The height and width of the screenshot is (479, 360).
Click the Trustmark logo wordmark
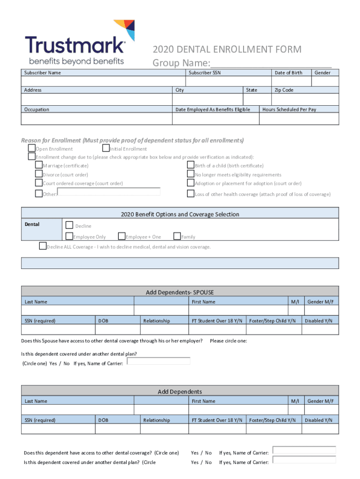tap(75, 46)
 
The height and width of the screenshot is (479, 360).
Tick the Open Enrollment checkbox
tap(32, 149)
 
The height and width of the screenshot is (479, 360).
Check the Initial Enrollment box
tap(106, 149)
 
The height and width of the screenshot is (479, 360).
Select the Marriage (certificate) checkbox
tap(39, 165)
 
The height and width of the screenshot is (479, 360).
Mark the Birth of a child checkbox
tap(191, 165)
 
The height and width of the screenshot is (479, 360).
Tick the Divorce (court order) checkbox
tap(39, 174)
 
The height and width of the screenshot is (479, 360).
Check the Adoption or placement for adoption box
tap(191, 183)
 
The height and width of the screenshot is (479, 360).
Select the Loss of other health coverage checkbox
tap(191, 194)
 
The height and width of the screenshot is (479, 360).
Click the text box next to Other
tap(109, 192)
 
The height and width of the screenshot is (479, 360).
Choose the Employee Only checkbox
tap(69, 236)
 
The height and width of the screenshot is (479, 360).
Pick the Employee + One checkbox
tap(122, 236)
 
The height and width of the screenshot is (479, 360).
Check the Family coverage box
tap(177, 236)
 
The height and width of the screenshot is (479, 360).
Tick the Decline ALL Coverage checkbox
tap(43, 246)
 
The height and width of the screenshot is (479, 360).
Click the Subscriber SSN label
tap(204, 73)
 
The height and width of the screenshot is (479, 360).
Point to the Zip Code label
tap(284, 90)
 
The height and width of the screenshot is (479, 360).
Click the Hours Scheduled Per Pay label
tap(289, 109)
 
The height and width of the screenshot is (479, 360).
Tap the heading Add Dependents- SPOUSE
tap(180, 292)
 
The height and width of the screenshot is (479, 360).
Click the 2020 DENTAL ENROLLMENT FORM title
tap(227, 50)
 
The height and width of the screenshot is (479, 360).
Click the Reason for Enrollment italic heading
tap(132, 140)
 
